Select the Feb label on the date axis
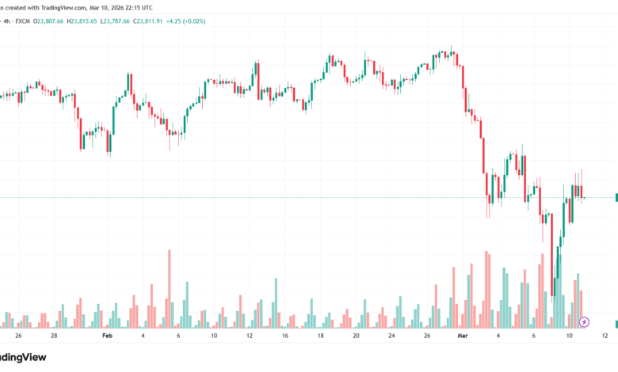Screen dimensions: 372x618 tap(108, 336)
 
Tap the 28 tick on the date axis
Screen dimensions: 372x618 tap(54, 336)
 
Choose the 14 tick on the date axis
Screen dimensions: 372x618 tap(284, 336)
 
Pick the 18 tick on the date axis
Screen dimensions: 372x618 tap(320, 336)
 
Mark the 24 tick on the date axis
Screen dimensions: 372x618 tap(391, 336)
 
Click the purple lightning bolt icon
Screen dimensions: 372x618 tap(584, 321)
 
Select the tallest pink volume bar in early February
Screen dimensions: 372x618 tap(170, 289)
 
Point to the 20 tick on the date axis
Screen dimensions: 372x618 tap(356, 336)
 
